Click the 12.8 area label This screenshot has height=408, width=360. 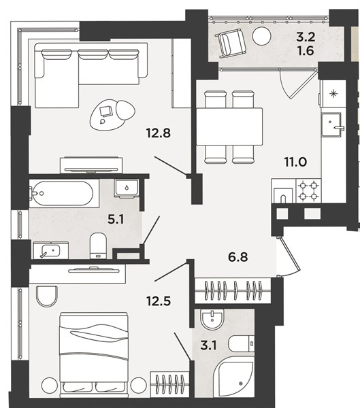pos(159,133)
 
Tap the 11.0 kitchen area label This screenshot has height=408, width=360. pos(295,162)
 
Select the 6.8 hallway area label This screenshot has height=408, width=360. pos(238,257)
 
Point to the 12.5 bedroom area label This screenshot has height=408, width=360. pos(159,301)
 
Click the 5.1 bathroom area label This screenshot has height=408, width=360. pos(116,220)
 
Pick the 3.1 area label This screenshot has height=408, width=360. pos(209,346)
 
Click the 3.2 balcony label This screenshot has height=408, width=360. pos(306,37)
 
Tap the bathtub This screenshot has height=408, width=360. pos(61,193)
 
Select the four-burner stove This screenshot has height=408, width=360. pos(308,191)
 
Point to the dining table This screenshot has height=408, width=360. pos(229,126)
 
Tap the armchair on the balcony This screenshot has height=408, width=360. pos(232,42)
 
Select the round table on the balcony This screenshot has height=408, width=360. pos(261,36)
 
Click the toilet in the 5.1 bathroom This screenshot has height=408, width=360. pos(98,245)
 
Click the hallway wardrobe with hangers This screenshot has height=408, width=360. pos(233,290)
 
